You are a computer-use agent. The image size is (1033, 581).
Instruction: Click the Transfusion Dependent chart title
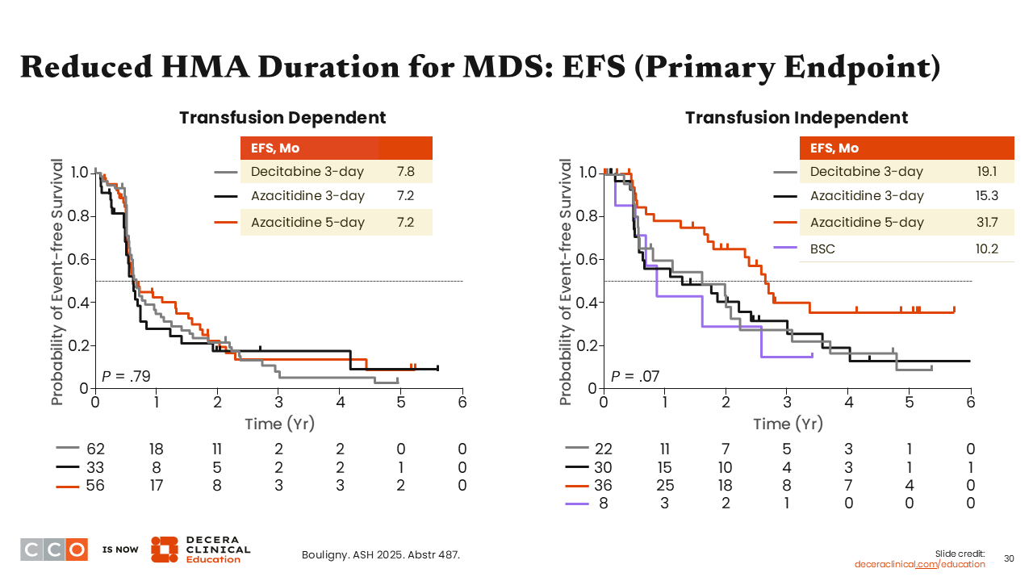(x=282, y=118)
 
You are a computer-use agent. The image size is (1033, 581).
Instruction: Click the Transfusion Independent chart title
(x=797, y=118)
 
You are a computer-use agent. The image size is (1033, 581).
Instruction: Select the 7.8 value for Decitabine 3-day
(x=406, y=172)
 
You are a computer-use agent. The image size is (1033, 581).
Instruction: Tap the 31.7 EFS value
(x=986, y=223)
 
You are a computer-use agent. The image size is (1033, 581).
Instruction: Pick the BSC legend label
(x=822, y=249)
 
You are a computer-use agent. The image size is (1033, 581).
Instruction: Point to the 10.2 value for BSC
(x=986, y=249)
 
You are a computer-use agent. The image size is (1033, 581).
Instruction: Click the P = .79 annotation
(x=126, y=376)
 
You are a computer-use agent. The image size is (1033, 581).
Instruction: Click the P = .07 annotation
(x=634, y=376)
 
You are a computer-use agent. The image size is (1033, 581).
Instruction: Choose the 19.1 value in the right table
(x=986, y=172)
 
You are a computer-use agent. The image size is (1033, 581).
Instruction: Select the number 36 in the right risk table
(x=604, y=485)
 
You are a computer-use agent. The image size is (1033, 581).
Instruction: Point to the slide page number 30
(x=1009, y=558)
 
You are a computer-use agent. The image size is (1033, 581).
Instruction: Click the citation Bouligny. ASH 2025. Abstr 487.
(x=381, y=555)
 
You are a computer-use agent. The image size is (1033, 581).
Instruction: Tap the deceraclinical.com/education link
(x=919, y=564)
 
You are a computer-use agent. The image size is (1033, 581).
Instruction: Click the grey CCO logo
(x=54, y=549)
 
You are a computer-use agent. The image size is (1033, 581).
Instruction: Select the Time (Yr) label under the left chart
(x=279, y=424)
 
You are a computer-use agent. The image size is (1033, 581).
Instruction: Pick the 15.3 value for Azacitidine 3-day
(x=986, y=196)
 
